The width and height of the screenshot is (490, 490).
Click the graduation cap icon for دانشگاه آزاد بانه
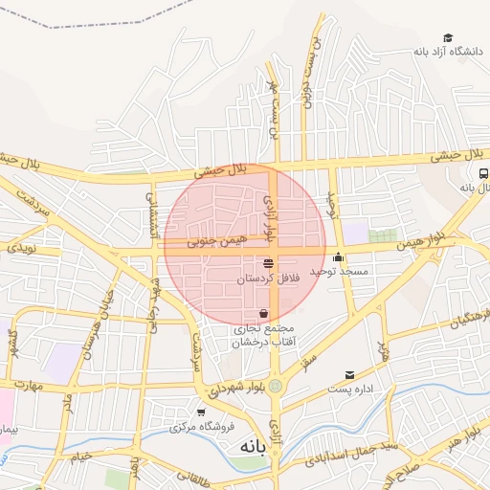coord(448,37)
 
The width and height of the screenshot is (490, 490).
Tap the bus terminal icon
coord(483,174)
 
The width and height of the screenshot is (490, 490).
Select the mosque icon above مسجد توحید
coord(338,257)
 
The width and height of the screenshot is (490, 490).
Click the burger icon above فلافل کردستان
coord(268,263)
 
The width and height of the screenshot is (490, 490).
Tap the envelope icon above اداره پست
coord(349,375)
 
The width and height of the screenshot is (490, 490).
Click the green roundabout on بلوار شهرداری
coord(276,386)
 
